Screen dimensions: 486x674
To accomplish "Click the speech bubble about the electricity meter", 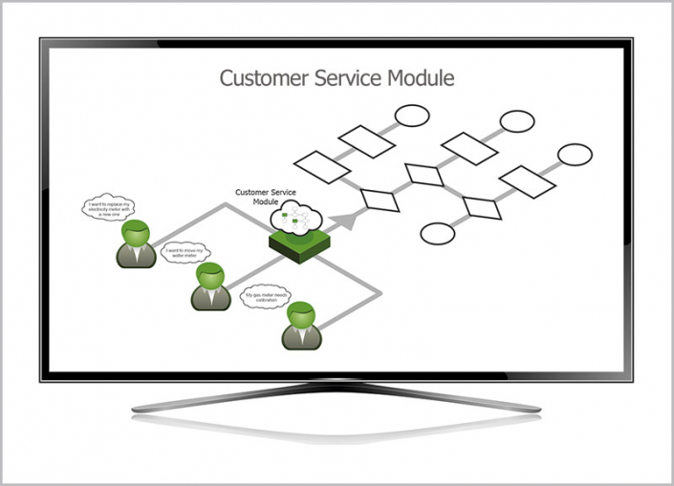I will pos(107,207).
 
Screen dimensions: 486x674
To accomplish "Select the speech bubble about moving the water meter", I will pos(185,253).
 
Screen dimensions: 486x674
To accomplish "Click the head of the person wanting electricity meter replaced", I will pos(138,232).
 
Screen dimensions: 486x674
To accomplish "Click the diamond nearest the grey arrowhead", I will pos(380,201).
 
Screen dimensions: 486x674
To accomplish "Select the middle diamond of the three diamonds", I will pos(424,174).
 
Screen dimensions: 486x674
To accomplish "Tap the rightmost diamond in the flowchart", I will pos(481,207).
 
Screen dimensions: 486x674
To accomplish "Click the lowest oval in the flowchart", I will pos(438,233).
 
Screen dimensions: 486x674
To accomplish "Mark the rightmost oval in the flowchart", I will pos(575,155).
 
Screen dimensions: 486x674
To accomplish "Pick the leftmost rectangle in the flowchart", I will pos(322,167).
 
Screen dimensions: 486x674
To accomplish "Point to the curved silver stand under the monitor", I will pos(337,403).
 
